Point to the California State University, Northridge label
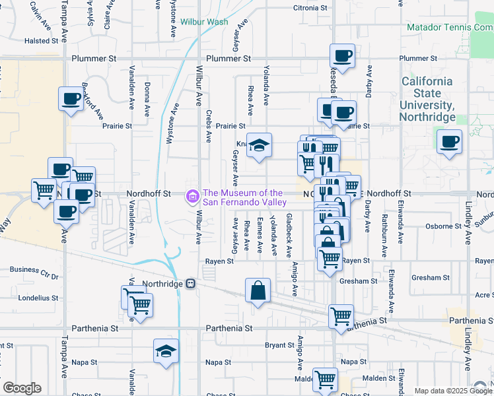pyautogui.click(x=429, y=99)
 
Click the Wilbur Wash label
pyautogui.click(x=204, y=22)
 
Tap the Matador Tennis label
pyautogui.click(x=450, y=28)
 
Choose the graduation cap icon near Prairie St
pyautogui.click(x=260, y=145)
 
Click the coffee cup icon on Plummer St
pyautogui.click(x=343, y=56)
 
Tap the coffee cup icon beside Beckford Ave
pyautogui.click(x=71, y=99)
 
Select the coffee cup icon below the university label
pyautogui.click(x=449, y=141)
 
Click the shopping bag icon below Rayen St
pyautogui.click(x=258, y=290)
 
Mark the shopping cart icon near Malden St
pyautogui.click(x=325, y=379)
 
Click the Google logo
pyautogui.click(x=22, y=388)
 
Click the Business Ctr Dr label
pyautogui.click(x=34, y=269)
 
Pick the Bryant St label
pyautogui.click(x=279, y=345)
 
